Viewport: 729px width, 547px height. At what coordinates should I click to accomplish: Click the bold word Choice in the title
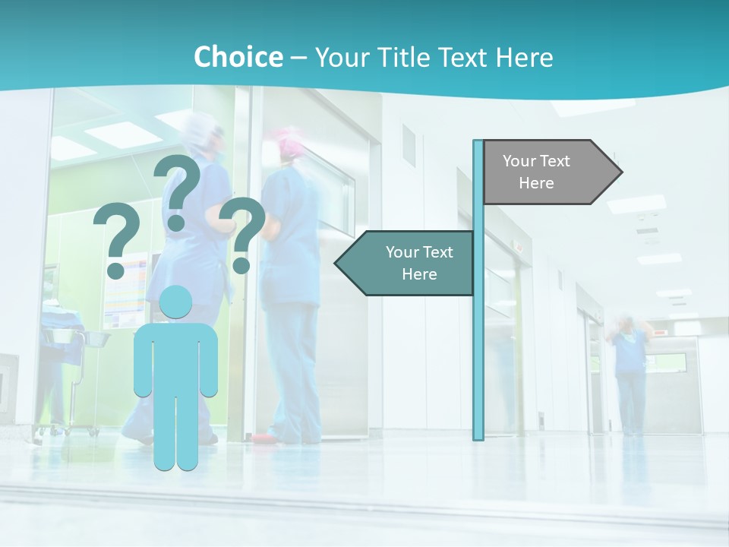pyautogui.click(x=238, y=57)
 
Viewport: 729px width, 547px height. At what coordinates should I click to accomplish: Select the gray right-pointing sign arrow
pyautogui.click(x=551, y=172)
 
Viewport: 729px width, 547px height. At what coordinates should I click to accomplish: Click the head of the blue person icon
pyautogui.click(x=175, y=303)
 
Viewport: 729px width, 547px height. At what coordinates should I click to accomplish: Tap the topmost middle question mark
pyautogui.click(x=178, y=190)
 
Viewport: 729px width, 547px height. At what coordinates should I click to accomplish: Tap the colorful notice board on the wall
pyautogui.click(x=126, y=292)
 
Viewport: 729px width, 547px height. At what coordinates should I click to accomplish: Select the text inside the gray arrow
pyautogui.click(x=536, y=172)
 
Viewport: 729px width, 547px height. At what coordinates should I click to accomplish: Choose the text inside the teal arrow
pyautogui.click(x=419, y=263)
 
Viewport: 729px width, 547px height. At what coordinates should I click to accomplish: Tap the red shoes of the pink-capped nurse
pyautogui.click(x=264, y=438)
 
